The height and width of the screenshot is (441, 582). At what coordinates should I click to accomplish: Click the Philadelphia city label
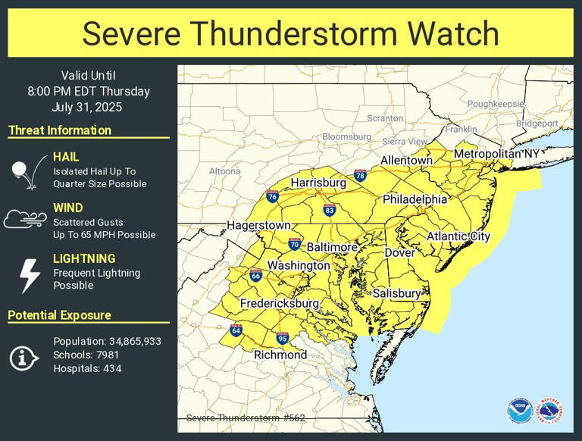[415, 199]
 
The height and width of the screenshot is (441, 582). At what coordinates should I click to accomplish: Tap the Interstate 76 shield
[273, 197]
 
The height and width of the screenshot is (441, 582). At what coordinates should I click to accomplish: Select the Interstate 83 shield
[329, 210]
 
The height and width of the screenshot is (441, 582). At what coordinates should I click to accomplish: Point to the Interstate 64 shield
[236, 330]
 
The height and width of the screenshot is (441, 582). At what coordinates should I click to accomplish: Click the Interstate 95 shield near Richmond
[282, 338]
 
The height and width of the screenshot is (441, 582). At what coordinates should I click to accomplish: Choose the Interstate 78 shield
[360, 176]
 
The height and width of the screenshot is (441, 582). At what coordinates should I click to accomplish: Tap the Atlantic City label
[458, 236]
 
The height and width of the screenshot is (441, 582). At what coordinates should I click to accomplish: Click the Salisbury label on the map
[396, 293]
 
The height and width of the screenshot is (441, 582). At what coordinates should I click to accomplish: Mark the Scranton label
[385, 118]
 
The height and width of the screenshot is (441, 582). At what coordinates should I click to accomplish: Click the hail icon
[29, 170]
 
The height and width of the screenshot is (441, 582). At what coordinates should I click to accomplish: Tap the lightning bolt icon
[29, 275]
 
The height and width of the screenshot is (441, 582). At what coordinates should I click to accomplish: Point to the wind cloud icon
[26, 220]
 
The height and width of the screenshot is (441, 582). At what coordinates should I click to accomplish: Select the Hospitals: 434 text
[87, 369]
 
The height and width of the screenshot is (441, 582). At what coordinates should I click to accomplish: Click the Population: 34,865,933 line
[107, 342]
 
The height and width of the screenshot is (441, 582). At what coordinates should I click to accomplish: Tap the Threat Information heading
[60, 130]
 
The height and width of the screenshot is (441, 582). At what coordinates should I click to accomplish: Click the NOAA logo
[520, 411]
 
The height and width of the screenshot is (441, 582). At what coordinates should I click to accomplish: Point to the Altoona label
[224, 171]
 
